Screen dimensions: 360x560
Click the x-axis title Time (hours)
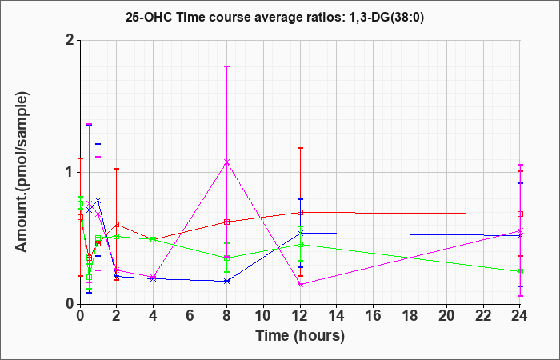(300, 335)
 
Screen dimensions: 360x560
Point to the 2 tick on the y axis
(69, 40)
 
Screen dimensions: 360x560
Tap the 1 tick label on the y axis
(69, 172)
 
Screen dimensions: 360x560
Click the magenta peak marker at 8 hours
(227, 162)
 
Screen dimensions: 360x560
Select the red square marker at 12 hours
(300, 212)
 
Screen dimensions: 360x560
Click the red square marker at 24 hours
(521, 214)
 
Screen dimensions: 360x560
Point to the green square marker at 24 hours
(521, 272)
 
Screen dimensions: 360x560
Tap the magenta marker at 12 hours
(300, 284)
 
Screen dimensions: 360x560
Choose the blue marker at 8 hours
(227, 281)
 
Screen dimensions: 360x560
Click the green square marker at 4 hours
(154, 239)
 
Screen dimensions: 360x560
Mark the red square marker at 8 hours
(227, 222)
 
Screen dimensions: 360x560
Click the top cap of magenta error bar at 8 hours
(227, 66)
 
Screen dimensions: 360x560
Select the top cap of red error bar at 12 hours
(300, 148)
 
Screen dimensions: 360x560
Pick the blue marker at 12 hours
(300, 233)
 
